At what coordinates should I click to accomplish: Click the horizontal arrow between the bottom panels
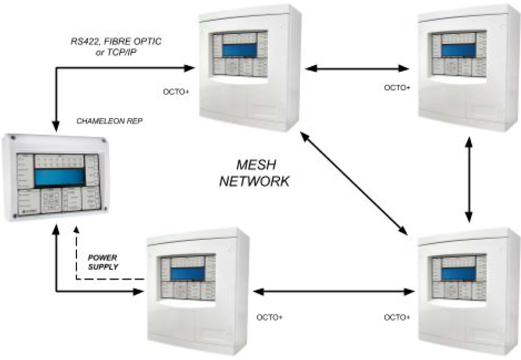[x=335, y=291]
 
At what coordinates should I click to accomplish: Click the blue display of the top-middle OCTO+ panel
[x=240, y=50]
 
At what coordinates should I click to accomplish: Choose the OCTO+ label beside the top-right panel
[x=398, y=87]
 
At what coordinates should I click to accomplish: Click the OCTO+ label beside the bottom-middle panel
[x=269, y=317]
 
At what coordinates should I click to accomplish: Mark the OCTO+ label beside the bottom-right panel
[x=398, y=317]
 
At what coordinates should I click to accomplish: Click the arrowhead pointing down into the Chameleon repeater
[x=57, y=126]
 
